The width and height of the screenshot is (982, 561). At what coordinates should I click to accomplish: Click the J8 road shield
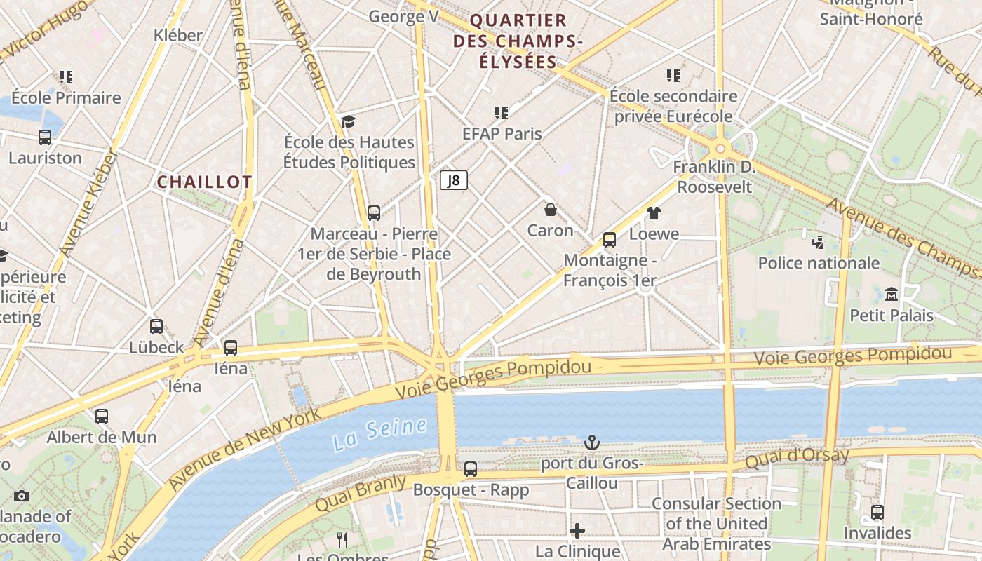[x=454, y=181]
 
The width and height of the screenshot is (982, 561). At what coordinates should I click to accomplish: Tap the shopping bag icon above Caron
[x=551, y=210]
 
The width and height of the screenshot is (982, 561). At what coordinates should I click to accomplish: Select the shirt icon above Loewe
[x=654, y=213]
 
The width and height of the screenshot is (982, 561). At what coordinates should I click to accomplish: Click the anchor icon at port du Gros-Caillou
[x=592, y=442]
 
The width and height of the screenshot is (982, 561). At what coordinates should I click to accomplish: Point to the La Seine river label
[x=379, y=434]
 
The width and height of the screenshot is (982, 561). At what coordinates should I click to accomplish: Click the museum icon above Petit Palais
[x=892, y=295]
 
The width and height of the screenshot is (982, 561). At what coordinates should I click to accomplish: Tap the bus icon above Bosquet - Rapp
[x=471, y=468]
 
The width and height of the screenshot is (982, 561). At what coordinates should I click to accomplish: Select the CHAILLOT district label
[x=204, y=182]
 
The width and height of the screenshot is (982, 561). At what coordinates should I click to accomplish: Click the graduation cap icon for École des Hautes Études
[x=349, y=122]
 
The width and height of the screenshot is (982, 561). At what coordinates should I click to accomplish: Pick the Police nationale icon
[x=818, y=243]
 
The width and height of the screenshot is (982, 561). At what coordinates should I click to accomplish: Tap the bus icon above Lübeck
[x=156, y=326]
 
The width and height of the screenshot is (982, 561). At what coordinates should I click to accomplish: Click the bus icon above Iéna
[x=231, y=347]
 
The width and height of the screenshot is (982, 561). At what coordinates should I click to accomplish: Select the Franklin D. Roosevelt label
[x=714, y=177]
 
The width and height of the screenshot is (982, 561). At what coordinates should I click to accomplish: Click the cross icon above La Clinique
[x=577, y=531]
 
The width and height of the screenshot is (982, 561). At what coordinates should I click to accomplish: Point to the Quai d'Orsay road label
[x=797, y=459]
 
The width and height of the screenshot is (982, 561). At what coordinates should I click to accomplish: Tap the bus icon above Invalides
[x=877, y=513]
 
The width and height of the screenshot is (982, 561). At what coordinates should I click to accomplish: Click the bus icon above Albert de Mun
[x=102, y=417]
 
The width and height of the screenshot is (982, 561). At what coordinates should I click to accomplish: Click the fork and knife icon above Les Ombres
[x=342, y=539]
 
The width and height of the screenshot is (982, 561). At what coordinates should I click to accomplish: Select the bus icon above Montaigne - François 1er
[x=610, y=240]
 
